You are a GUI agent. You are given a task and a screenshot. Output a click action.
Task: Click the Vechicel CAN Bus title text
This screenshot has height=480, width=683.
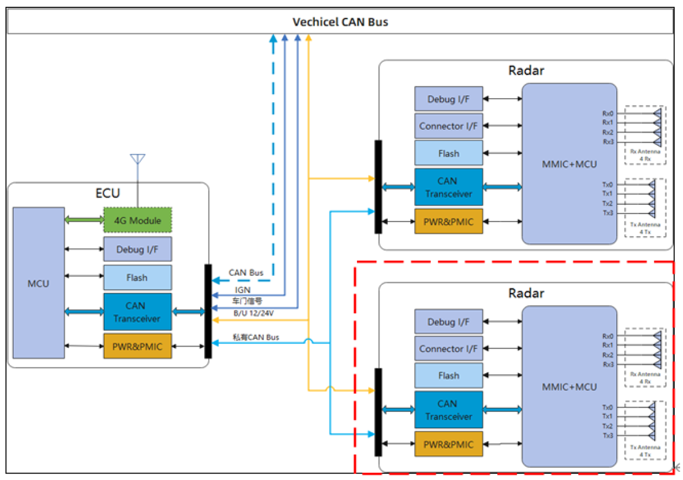point(340,22)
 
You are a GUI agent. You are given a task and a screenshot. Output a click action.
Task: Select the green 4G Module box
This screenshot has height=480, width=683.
point(137,220)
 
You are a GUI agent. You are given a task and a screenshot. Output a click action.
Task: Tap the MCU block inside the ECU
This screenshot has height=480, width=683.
point(39,283)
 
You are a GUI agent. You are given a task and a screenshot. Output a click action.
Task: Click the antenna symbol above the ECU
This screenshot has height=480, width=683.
point(137,159)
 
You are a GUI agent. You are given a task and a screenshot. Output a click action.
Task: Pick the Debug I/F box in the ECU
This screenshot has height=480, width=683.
point(137,249)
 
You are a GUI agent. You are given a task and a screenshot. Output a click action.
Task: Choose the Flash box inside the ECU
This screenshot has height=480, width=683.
point(137,277)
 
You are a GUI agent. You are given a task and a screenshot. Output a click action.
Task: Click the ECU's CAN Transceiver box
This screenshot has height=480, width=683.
point(137,312)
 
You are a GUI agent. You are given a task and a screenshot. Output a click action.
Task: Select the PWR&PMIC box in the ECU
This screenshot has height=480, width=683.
point(137,346)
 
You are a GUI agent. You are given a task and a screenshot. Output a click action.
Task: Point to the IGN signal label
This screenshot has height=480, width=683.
point(242,289)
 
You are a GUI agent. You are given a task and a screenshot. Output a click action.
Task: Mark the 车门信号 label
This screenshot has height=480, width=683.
point(247,301)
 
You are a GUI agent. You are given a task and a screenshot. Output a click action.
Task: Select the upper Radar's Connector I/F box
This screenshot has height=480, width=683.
point(448,126)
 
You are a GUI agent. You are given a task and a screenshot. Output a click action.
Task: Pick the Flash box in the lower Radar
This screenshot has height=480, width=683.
point(448,376)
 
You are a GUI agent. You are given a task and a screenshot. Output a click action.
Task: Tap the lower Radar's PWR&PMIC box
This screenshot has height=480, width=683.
point(448,444)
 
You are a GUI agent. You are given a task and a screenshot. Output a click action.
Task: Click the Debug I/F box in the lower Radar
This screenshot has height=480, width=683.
point(448,322)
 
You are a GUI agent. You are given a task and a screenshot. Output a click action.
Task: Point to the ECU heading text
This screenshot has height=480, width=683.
point(108,193)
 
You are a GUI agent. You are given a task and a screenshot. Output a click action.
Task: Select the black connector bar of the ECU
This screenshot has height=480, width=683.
point(208,311)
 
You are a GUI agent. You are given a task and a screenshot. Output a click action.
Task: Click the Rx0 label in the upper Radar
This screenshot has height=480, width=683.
point(608,113)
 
